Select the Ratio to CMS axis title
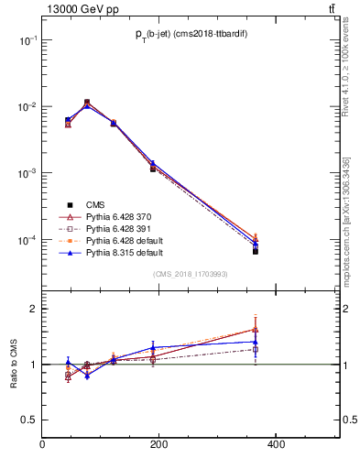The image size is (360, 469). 14,363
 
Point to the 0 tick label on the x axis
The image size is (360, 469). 42,446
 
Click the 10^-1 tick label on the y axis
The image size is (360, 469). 28,40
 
